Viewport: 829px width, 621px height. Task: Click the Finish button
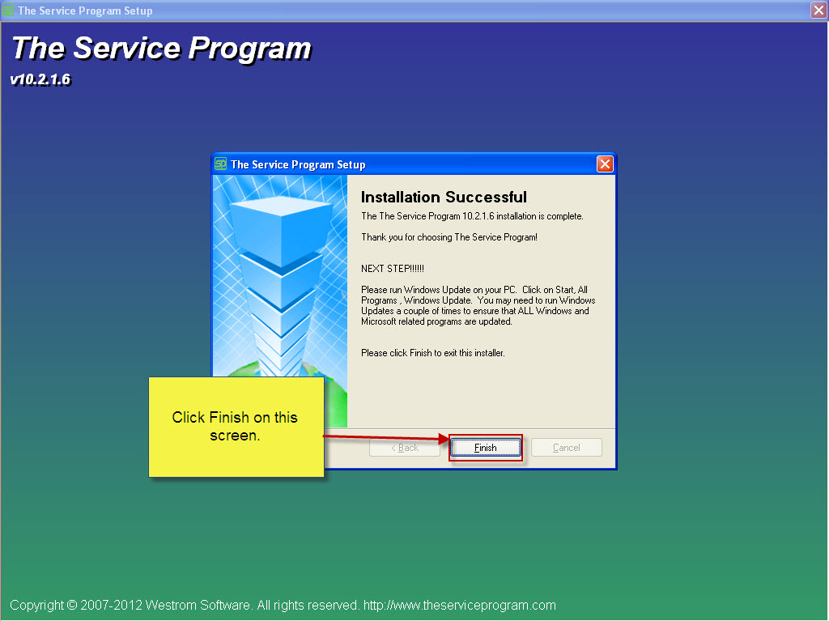click(x=486, y=448)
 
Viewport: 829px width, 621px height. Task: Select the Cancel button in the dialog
click(x=566, y=448)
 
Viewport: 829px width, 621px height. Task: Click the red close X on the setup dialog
click(x=604, y=164)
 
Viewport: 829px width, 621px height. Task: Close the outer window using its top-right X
click(x=818, y=10)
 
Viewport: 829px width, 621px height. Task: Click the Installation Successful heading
click(x=444, y=198)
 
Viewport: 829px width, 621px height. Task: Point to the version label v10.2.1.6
click(x=40, y=80)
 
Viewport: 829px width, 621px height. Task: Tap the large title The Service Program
click(x=162, y=48)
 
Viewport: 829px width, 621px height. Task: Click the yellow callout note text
click(x=235, y=427)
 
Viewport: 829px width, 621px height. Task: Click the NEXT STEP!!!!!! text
click(x=393, y=269)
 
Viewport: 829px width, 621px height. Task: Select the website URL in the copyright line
click(x=460, y=605)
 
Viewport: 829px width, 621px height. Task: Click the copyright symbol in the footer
click(x=72, y=605)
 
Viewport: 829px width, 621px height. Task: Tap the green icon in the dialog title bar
click(x=220, y=164)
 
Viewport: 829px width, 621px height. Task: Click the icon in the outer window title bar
click(x=8, y=10)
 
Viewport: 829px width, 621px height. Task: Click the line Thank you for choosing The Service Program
click(x=449, y=237)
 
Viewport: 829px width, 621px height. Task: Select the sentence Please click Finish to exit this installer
click(x=432, y=353)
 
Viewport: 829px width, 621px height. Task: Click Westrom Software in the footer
click(x=198, y=605)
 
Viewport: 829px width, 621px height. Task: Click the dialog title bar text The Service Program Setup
click(x=298, y=164)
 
